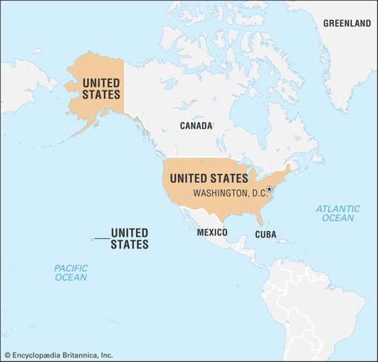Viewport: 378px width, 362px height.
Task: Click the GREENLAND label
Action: coord(346,23)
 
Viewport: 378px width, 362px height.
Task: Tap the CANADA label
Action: coord(196,126)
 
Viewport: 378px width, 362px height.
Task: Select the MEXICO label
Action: coord(212,232)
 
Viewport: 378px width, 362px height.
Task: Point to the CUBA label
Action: coord(265,235)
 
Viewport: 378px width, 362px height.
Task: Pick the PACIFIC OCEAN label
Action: coord(70,273)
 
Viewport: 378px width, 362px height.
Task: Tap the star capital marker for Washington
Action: coord(269,190)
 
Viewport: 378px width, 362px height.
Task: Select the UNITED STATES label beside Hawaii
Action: coord(130,238)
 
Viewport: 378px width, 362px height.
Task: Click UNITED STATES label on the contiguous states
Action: coord(209,177)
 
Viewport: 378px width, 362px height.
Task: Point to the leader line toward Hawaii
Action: coord(101,238)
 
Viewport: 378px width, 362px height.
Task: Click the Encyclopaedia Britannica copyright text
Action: coord(58,355)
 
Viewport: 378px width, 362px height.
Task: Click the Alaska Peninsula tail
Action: coord(84,125)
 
